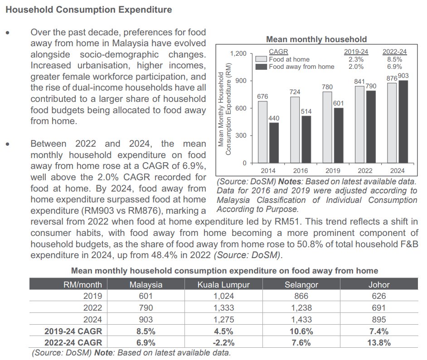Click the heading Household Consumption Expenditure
[x=89, y=10]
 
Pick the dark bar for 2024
[x=403, y=121]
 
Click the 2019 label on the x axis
[x=333, y=170]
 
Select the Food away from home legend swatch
[x=261, y=67]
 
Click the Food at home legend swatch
[x=261, y=59]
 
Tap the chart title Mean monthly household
[x=316, y=39]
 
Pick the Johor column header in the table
[x=378, y=285]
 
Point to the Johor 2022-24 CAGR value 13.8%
[x=378, y=343]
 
